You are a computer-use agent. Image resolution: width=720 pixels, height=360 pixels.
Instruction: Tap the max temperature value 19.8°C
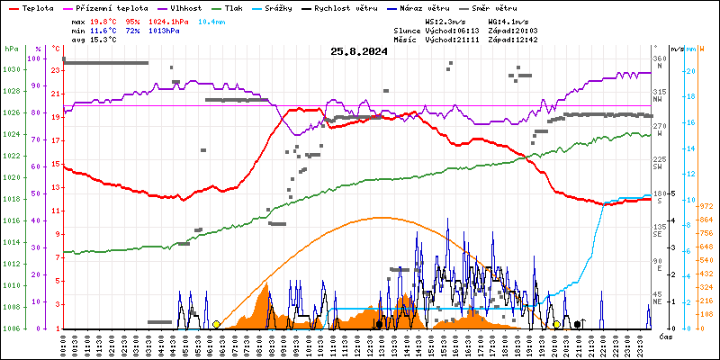[105, 20]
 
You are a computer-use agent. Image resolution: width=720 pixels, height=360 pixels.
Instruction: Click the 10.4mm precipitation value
[212, 20]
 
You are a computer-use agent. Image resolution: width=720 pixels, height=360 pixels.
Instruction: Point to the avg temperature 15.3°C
[105, 40]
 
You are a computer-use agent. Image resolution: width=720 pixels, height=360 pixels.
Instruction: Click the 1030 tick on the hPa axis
[10, 69]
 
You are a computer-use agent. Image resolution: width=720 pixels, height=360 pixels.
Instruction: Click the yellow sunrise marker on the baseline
[216, 324]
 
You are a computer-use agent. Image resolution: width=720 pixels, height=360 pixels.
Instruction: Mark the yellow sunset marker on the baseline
[557, 324]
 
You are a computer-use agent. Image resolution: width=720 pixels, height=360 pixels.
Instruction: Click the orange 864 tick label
[706, 220]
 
